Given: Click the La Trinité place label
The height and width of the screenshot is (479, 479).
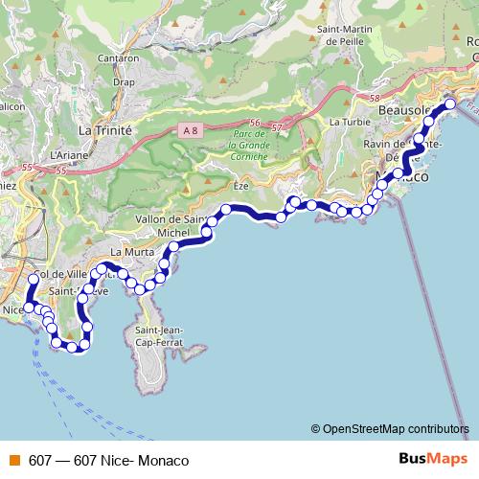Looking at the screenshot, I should (104, 128).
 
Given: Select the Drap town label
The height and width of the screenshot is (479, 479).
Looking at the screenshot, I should (124, 82).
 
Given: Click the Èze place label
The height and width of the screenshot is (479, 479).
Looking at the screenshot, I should (240, 184).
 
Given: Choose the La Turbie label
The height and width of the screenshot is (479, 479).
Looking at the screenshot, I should (349, 123).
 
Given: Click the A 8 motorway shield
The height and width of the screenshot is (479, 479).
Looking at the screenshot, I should (186, 127).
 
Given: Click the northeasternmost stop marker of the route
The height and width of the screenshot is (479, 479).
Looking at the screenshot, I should (450, 103).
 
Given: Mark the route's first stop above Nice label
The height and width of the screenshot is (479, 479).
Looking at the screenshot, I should (34, 280).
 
